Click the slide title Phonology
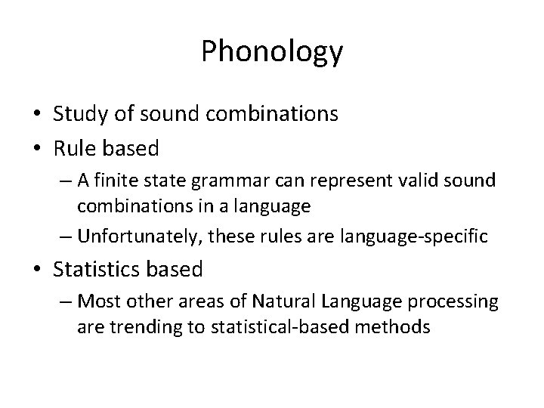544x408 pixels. coord(272,51)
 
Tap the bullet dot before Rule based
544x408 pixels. coord(39,149)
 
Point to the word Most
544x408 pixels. coord(94,301)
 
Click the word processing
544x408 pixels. coord(459,303)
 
